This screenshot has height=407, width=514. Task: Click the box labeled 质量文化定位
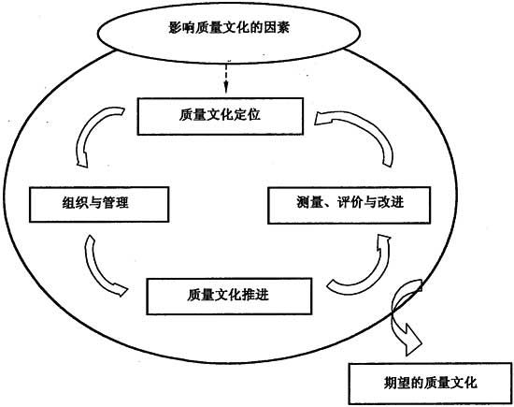point(220,116)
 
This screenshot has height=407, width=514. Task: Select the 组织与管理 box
point(99,205)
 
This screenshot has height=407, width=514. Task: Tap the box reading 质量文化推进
point(229,296)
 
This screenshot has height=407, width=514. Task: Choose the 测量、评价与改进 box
point(350,205)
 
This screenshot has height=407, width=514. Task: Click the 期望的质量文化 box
point(431,384)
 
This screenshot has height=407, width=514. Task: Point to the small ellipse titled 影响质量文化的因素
point(229,32)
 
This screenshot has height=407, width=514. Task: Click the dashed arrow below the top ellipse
point(226,77)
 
